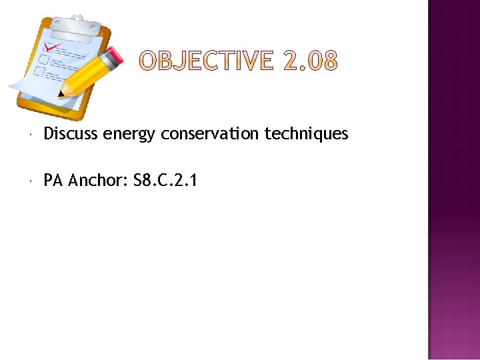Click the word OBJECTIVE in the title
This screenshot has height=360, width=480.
click(x=206, y=62)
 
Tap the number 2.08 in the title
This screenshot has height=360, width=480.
click(x=310, y=62)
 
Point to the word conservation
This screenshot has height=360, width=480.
click(x=210, y=134)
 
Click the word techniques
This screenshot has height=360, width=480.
click(x=306, y=135)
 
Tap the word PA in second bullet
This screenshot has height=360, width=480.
click(x=53, y=180)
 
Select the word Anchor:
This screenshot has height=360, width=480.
click(x=98, y=180)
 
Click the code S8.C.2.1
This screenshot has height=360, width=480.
click(x=165, y=180)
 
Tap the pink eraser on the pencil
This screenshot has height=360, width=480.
click(x=115, y=56)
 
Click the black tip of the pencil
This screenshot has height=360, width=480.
click(x=63, y=93)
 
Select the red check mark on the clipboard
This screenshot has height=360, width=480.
click(x=51, y=48)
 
